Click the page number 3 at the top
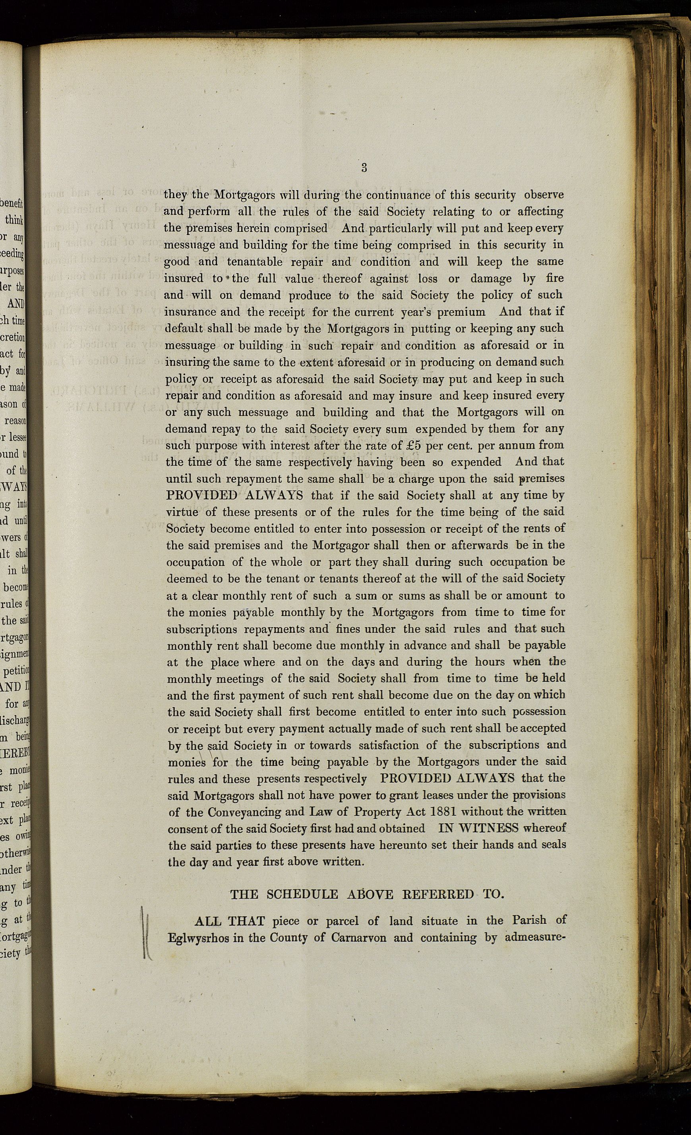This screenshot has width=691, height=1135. tap(364, 168)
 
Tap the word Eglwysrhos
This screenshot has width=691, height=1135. tap(198, 938)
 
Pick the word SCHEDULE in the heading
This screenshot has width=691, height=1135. tap(302, 894)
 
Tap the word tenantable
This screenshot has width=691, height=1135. tap(255, 262)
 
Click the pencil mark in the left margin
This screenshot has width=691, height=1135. tap(146, 931)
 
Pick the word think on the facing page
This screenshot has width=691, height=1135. tap(14, 220)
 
